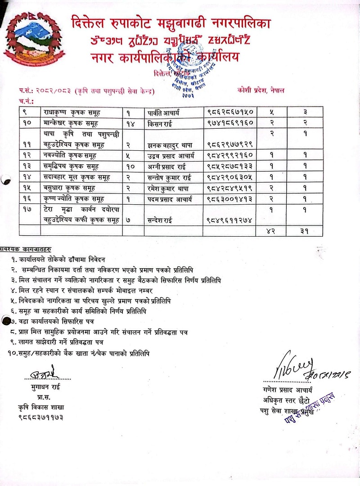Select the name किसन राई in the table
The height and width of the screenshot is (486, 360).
pyautogui.click(x=160, y=122)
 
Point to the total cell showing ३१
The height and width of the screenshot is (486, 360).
pyautogui.click(x=304, y=231)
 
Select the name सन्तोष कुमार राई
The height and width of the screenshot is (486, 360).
pyautogui.click(x=171, y=177)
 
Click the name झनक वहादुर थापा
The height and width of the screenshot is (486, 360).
pyautogui.click(x=171, y=144)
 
